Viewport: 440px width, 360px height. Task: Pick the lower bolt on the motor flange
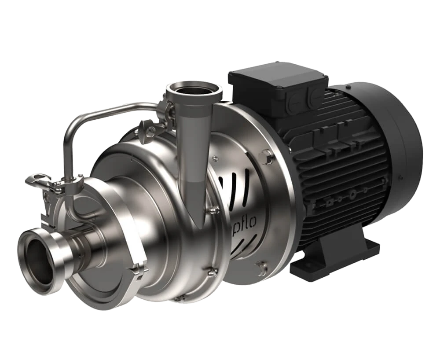point(262,267)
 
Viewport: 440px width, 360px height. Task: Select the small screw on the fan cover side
point(400,178)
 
